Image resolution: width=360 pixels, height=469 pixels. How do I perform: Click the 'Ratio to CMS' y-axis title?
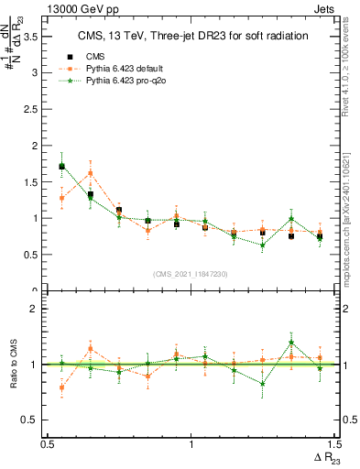click(x=12, y=364)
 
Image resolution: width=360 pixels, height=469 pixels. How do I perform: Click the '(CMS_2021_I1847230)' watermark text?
click(x=191, y=274)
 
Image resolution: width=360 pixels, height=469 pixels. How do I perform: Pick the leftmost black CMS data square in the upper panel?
click(x=61, y=167)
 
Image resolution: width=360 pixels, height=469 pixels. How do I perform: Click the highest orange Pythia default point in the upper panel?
click(x=90, y=173)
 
